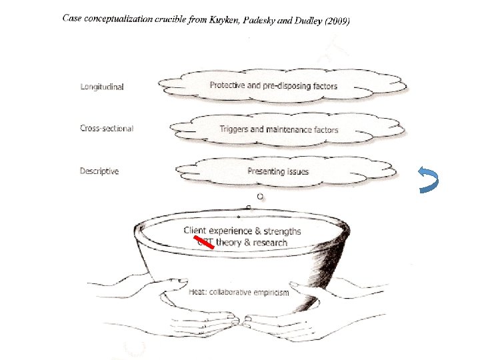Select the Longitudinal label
(x=101, y=87)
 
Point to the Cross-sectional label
(x=107, y=128)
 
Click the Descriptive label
(x=99, y=171)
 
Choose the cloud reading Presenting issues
(x=278, y=171)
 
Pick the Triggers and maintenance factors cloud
(x=279, y=129)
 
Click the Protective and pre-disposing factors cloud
(x=273, y=86)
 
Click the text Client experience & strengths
(x=242, y=231)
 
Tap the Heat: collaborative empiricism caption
(x=239, y=293)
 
